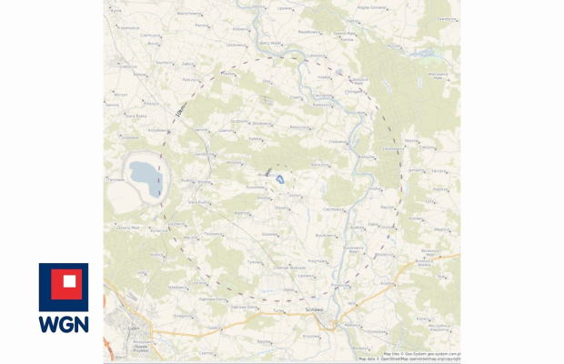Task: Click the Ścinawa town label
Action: pyautogui.click(x=307, y=312)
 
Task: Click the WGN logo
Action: pyautogui.click(x=63, y=298)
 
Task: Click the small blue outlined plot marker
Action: pyautogui.click(x=281, y=180)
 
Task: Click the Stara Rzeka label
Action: pyautogui.click(x=136, y=116)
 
